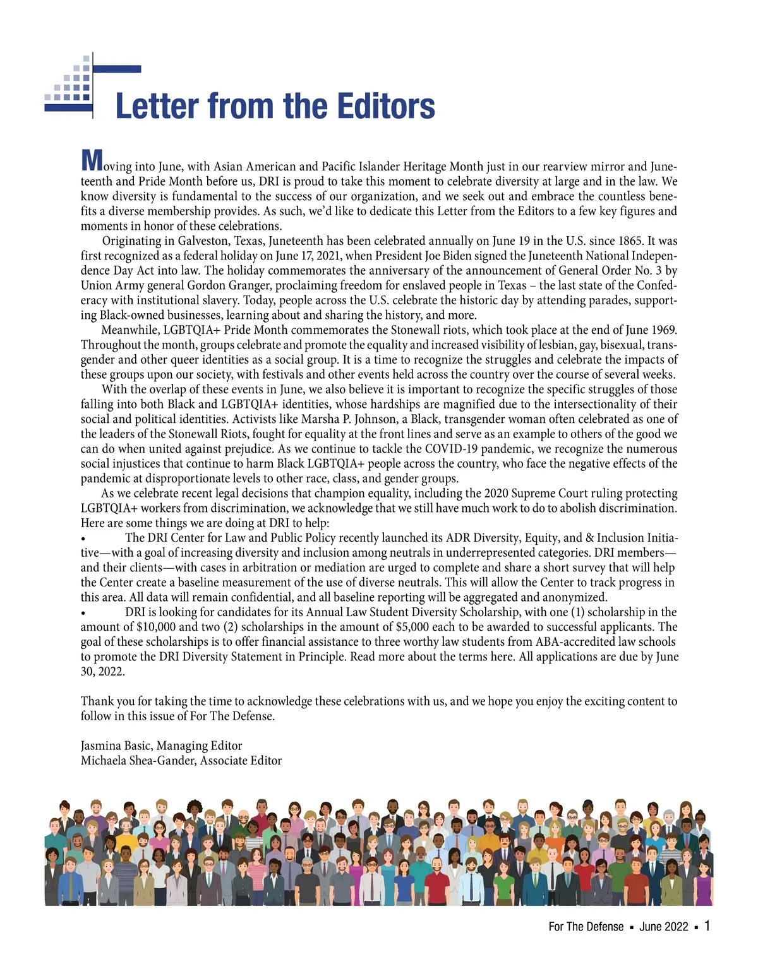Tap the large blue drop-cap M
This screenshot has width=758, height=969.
click(x=92, y=161)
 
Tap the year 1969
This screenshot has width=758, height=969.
click(x=661, y=330)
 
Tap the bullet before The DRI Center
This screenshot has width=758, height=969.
click(x=83, y=538)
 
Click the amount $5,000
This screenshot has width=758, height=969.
click(x=413, y=627)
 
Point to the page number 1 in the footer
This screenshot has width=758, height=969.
click(x=707, y=926)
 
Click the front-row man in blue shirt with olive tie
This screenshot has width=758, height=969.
click(x=68, y=881)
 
